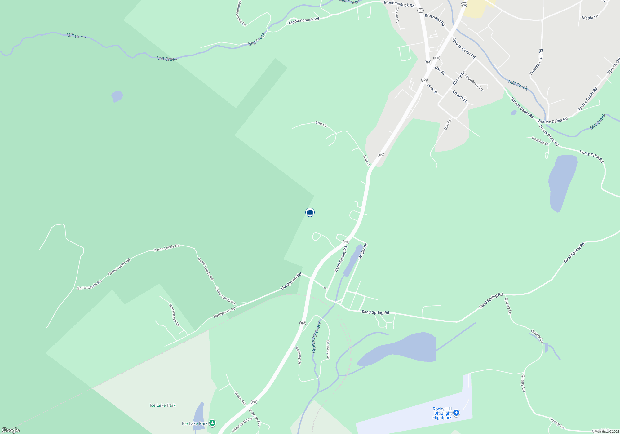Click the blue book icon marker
[310, 212]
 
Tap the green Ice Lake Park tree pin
[212, 423]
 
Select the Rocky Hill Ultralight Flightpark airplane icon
[456, 413]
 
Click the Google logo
[11, 430]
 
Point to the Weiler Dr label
[363, 251]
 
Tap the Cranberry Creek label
[316, 337]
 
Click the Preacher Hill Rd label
[536, 62]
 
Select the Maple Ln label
[590, 17]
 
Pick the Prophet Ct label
[540, 141]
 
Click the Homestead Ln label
[174, 315]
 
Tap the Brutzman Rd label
[435, 20]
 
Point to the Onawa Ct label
[397, 15]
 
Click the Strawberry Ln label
[473, 82]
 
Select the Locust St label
[460, 96]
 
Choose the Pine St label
[432, 89]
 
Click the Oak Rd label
[447, 124]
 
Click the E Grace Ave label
[255, 418]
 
